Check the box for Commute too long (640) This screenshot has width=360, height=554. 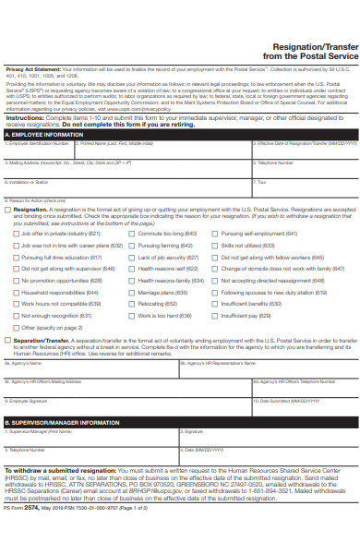132,234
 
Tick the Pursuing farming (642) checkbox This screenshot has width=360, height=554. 132,246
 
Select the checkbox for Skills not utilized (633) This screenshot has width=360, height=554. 215,246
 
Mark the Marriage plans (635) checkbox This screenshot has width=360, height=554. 132,292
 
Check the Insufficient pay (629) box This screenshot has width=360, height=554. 215,315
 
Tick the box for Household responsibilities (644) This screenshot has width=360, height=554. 16,292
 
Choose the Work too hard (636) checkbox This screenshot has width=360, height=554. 132,315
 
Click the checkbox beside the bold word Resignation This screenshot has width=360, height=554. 8,210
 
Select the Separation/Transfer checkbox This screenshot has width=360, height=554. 8,340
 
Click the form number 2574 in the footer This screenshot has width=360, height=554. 30,534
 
